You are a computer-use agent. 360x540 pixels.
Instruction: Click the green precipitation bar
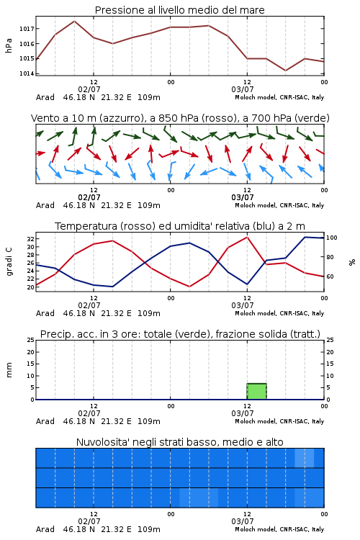point(256,391)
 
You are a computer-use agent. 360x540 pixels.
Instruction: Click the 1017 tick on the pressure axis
point(27,29)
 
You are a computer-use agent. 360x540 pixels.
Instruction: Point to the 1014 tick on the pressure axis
point(27,73)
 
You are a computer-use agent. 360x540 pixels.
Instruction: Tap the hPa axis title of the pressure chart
point(9,45)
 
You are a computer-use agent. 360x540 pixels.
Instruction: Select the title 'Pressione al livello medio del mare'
point(180,10)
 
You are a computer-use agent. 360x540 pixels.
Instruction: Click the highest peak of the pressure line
point(74,21)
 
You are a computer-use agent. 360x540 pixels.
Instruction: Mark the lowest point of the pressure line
point(285,71)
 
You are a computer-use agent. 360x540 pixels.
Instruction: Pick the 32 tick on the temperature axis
point(30,238)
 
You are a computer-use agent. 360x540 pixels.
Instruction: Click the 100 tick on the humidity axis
point(332,238)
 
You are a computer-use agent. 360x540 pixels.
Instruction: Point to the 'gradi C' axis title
point(9,261)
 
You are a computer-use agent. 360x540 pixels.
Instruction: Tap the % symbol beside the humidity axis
point(352,262)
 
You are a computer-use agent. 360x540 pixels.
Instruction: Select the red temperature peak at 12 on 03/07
point(247,237)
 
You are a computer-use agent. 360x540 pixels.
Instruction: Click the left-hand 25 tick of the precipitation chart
point(30,340)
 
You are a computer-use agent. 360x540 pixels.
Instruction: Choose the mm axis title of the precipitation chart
point(9,370)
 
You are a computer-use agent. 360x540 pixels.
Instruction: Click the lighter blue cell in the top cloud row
point(304,458)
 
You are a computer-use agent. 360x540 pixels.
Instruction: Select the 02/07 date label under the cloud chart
point(89,521)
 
